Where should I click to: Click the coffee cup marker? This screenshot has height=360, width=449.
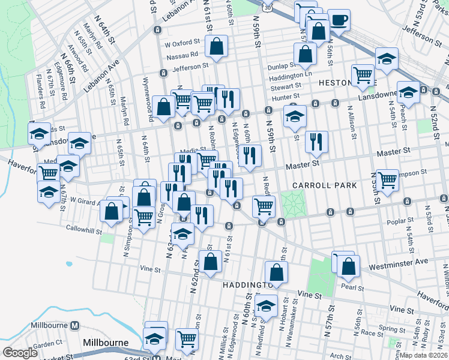pos(339,20)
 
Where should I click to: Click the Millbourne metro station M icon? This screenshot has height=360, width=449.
pos(74,325)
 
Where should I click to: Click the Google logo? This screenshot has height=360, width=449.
pos(20,353)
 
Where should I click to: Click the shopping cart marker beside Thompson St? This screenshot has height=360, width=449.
pos(387,179)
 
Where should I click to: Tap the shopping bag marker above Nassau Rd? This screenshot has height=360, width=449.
pos(215,45)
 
